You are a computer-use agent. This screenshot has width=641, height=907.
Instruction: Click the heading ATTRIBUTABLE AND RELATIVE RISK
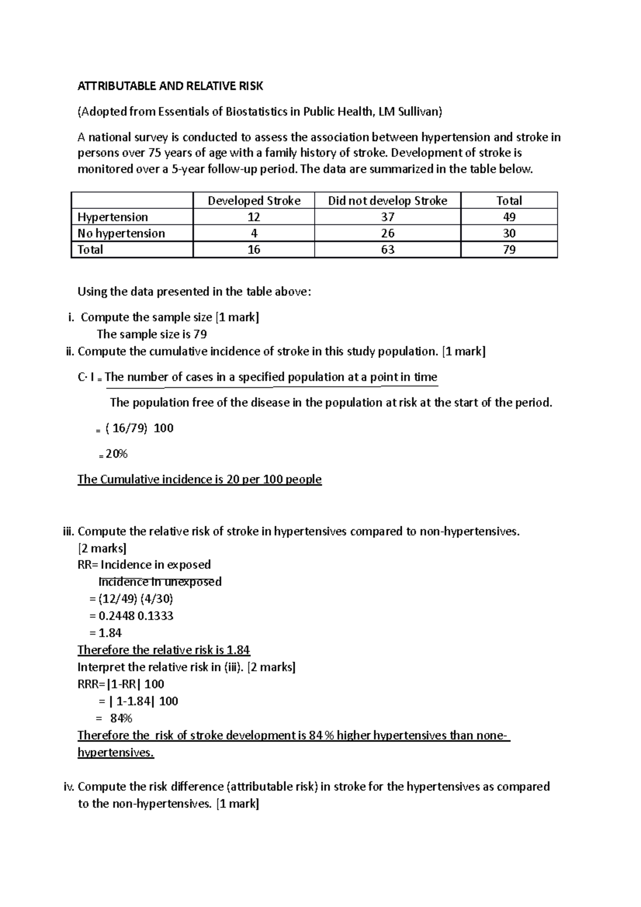coord(170,86)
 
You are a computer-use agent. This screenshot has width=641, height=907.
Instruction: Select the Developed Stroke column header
coord(254,201)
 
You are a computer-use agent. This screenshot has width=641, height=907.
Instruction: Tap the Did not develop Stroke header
coord(387,201)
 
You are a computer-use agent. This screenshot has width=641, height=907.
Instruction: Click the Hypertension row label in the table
coord(113,217)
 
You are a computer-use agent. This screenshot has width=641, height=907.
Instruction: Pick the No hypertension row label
coord(121,233)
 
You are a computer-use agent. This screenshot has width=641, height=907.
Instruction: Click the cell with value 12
coord(254,217)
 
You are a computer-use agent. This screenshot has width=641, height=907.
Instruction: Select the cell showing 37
coord(387,217)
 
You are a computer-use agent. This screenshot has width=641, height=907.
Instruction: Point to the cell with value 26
coord(387,233)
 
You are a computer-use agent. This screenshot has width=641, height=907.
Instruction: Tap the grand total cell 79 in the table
coord(509,249)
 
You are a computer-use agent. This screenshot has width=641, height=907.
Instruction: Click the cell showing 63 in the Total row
coord(387,249)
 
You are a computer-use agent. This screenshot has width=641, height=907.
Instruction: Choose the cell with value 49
coord(509,217)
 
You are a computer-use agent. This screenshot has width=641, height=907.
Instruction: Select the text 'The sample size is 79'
coord(152,334)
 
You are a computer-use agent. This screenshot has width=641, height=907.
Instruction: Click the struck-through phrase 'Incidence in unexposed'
coord(160,582)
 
